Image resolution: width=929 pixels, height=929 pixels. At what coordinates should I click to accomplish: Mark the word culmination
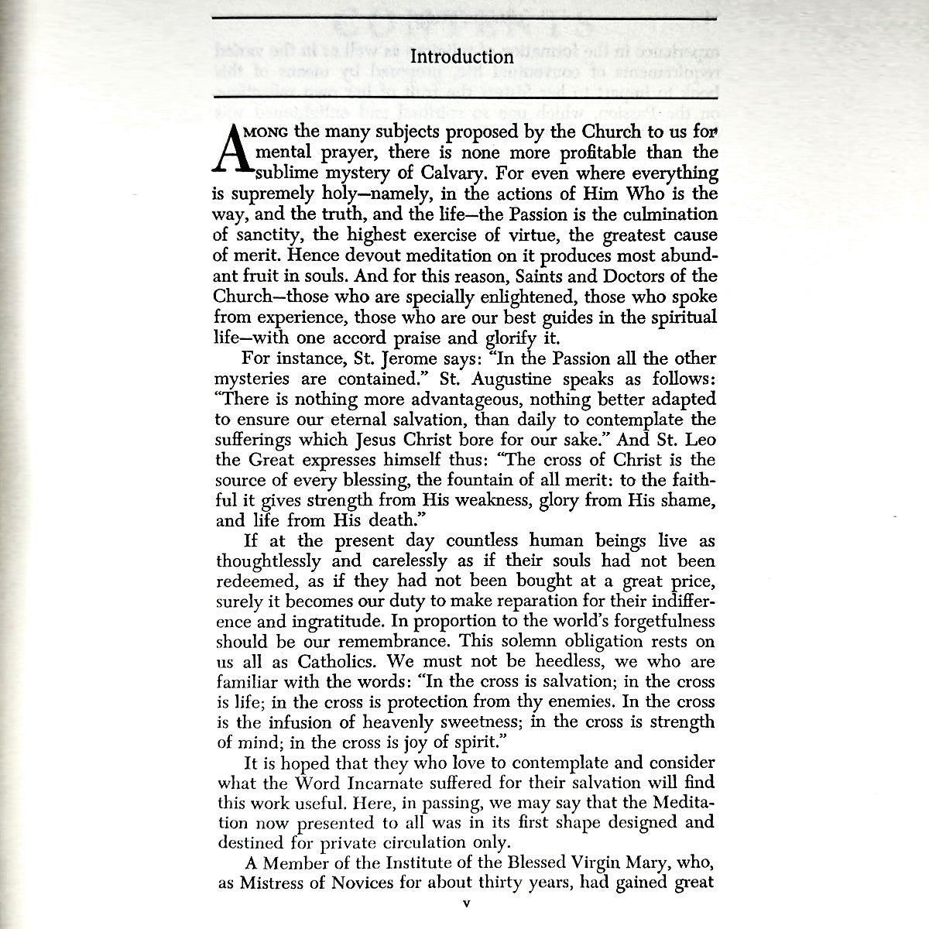click(x=670, y=214)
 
